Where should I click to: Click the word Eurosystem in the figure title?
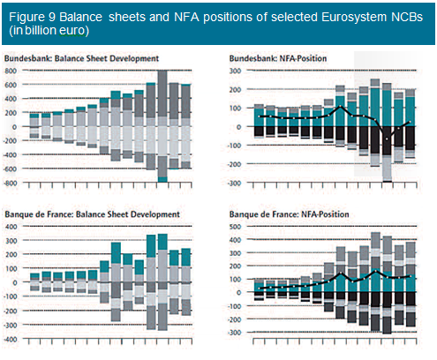pyautogui.click(x=354, y=18)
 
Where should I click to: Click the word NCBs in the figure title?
pyautogui.click(x=407, y=18)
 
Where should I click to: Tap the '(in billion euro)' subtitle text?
pyautogui.click(x=49, y=31)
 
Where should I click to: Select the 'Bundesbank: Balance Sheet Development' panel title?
pyautogui.click(x=81, y=58)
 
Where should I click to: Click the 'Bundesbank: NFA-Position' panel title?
pyautogui.click(x=278, y=58)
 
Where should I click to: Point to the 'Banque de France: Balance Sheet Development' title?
pyautogui.click(x=92, y=214)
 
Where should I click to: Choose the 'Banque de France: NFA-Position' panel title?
pyautogui.click(x=290, y=214)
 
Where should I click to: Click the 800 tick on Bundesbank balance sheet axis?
pyautogui.click(x=11, y=71)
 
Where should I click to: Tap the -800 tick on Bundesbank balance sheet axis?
pyautogui.click(x=10, y=183)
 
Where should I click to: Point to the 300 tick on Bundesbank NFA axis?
pyautogui.click(x=236, y=71)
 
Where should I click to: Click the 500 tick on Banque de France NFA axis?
pyautogui.click(x=236, y=227)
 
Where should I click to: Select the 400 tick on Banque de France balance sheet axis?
pyautogui.click(x=11, y=227)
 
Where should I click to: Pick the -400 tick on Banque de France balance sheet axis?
pyautogui.click(x=10, y=339)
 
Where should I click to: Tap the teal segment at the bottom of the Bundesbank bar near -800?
pyautogui.click(x=162, y=179)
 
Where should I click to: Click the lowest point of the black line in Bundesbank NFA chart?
pyautogui.click(x=387, y=139)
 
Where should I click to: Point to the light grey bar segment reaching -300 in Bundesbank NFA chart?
pyautogui.click(x=387, y=169)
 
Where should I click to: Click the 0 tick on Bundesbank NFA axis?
pyautogui.click(x=238, y=127)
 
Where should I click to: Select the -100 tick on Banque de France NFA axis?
pyautogui.click(x=234, y=306)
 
